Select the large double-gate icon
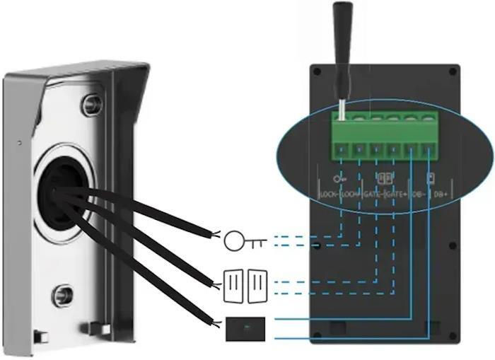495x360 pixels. click(x=245, y=285)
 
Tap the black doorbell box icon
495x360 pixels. click(x=246, y=329)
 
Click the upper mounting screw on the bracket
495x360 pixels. click(x=91, y=104)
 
